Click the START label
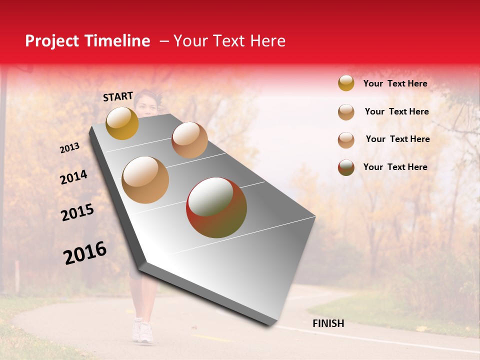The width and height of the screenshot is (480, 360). [118, 96]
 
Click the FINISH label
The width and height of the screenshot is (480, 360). [328, 323]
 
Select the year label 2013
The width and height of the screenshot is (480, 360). [69, 148]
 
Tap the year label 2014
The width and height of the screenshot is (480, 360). [73, 177]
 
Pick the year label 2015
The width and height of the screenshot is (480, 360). [77, 213]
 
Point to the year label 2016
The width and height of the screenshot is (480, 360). [85, 253]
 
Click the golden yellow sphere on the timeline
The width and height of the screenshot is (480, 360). [122, 123]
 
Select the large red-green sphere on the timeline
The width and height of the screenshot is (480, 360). [216, 207]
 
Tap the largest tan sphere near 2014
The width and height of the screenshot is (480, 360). [145, 180]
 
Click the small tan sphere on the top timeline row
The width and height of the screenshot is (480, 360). [189, 140]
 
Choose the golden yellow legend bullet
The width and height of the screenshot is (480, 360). [346, 83]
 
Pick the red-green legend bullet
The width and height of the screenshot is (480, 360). [346, 167]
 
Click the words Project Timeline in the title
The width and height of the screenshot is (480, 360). [87, 41]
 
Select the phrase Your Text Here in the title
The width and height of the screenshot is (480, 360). [229, 41]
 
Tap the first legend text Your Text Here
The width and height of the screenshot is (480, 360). [395, 83]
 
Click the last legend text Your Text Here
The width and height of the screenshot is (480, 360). [395, 167]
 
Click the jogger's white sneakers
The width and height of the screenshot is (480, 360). [142, 331]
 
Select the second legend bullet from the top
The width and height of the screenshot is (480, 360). [346, 112]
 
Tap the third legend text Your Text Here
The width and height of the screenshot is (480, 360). [397, 139]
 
